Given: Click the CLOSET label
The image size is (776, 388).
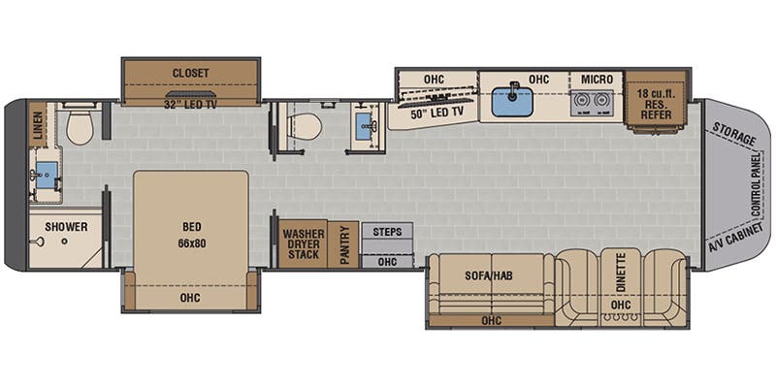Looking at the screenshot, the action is tap(190, 74).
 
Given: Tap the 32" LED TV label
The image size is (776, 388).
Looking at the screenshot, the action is tap(190, 104).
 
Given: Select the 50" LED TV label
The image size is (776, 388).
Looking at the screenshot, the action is tap(437, 113).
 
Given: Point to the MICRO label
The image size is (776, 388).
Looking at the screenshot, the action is tap(597, 80).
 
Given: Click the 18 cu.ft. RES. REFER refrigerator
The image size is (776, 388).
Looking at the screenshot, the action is tap(657, 102).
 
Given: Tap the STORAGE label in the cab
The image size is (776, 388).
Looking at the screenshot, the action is tap(734, 134).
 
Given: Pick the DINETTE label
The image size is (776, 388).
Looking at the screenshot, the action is tap(622, 272).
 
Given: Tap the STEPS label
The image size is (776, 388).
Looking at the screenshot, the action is tap(387, 232).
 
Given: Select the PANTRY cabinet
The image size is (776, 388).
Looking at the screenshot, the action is tap(343, 244).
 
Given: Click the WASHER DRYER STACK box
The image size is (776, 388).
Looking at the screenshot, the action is tap(303, 244).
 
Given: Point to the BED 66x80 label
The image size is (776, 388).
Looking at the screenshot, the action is tap(191, 235).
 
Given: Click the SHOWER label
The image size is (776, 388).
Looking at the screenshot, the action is tap(66, 227).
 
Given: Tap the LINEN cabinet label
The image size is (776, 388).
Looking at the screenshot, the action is tap(37, 125).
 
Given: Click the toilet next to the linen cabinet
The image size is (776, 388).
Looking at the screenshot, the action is tap(80, 127).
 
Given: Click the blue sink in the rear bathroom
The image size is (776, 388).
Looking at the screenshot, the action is tap(47, 176).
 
